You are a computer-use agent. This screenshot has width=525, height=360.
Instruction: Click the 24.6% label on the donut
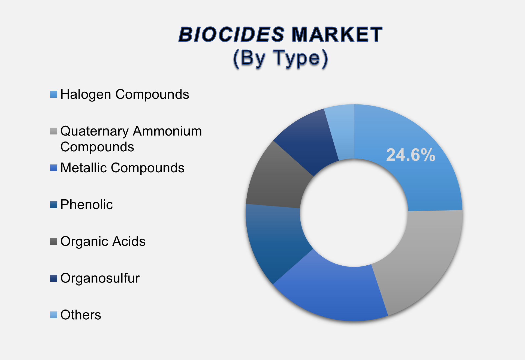click(411, 155)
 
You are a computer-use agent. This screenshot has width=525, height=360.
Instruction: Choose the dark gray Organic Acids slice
click(278, 180)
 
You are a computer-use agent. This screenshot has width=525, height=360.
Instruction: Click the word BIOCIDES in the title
click(231, 35)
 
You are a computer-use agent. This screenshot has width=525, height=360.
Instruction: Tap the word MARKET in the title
click(337, 35)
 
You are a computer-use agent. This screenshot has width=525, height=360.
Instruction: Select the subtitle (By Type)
click(280, 58)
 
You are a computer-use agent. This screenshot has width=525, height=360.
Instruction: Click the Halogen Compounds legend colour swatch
click(54, 94)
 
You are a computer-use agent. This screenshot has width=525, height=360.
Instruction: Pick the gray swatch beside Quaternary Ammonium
click(54, 131)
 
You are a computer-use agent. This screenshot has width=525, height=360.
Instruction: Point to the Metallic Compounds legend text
click(122, 168)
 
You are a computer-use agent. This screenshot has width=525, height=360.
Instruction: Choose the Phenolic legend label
click(86, 205)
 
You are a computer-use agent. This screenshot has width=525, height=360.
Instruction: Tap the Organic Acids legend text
click(103, 242)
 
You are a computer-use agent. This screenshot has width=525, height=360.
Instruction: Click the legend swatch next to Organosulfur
click(54, 278)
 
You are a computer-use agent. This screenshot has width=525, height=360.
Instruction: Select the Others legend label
click(81, 315)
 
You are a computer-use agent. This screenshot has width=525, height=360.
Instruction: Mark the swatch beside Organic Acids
click(54, 241)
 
